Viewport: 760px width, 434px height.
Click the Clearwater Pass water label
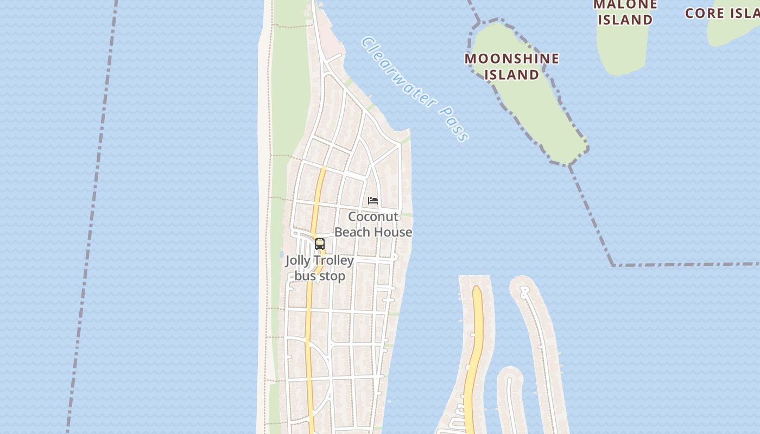(415, 89)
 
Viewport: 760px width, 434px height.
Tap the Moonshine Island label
(511, 66)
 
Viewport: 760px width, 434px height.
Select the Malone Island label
(625, 12)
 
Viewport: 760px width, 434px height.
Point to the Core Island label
(722, 13)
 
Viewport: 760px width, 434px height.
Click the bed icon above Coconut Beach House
(373, 201)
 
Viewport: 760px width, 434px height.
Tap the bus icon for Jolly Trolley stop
(320, 244)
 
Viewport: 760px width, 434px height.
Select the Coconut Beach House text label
(373, 225)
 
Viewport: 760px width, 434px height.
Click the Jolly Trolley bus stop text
(320, 268)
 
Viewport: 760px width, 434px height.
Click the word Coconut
(373, 217)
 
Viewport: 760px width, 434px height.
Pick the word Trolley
(332, 261)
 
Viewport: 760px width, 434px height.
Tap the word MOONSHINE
(511, 59)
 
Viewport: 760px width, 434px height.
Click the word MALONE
(625, 5)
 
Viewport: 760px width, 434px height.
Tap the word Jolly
(298, 261)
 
